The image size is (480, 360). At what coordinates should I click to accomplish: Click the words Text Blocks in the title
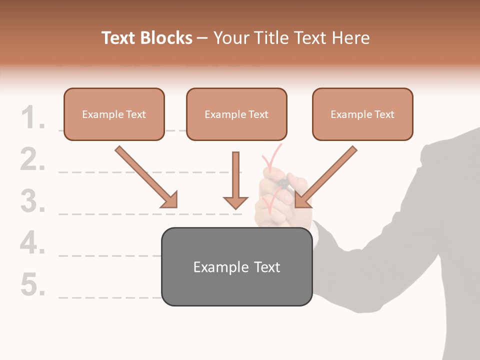pyautogui.click(x=147, y=38)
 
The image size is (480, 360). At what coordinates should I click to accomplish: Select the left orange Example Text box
pyautogui.click(x=114, y=114)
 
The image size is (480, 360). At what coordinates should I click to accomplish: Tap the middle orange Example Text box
pyautogui.click(x=236, y=114)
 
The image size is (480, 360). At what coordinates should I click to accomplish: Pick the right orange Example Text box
pyautogui.click(x=362, y=114)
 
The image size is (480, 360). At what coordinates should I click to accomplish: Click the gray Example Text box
pyautogui.click(x=236, y=266)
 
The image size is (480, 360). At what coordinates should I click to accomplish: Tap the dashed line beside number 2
pyautogui.click(x=150, y=172)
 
